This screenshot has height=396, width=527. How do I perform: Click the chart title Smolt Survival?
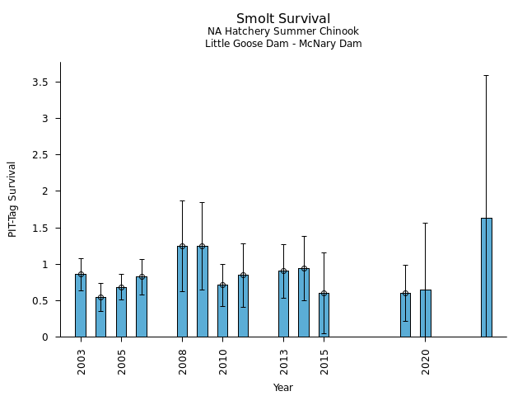pos(283,19)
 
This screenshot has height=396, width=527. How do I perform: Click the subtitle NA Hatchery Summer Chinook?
pos(283,32)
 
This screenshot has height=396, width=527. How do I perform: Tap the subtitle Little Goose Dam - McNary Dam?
pos(283,44)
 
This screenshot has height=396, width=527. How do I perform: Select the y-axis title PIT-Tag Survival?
pos(12,199)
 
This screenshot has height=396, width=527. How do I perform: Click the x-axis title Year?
pos(283,388)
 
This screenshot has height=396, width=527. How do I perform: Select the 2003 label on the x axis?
pos(82,361)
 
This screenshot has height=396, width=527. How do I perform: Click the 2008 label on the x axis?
pos(183,361)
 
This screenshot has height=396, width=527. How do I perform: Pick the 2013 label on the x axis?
pos(284,361)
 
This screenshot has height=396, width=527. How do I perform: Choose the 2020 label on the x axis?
pos(426,361)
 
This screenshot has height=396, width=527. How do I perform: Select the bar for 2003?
pos(81,306)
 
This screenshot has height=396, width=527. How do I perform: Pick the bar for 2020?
pos(426,313)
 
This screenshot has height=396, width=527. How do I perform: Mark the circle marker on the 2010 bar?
pos(222,285)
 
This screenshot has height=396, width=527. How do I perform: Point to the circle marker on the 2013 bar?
pos(283,271)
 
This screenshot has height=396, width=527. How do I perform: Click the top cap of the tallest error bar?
pos(487,75)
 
